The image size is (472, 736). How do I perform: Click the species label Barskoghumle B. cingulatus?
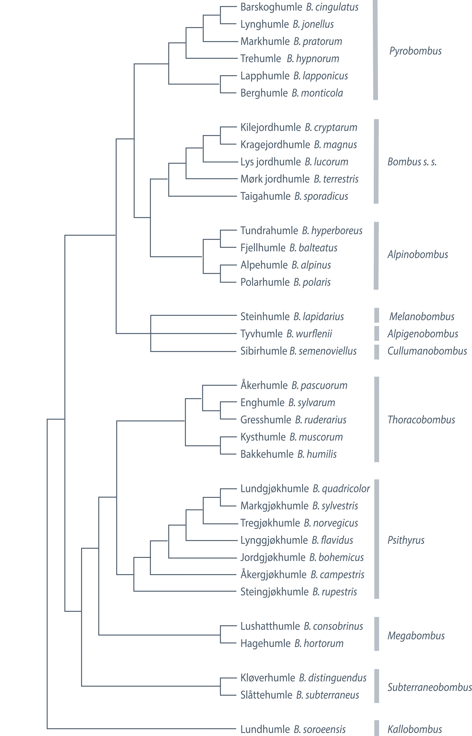pyautogui.click(x=299, y=7)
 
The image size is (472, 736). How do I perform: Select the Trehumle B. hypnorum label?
pyautogui.click(x=290, y=59)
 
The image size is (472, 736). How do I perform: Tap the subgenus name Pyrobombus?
pyautogui.click(x=415, y=51)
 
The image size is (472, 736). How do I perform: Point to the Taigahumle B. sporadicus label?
pyautogui.click(x=294, y=196)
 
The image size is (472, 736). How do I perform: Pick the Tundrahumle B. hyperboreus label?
pyautogui.click(x=301, y=231)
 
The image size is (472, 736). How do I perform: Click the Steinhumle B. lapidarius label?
pyautogui.click(x=292, y=316)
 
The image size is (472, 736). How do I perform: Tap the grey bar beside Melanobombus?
pyautogui.click(x=376, y=315)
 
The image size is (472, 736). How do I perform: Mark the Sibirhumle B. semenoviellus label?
pyautogui.click(x=298, y=351)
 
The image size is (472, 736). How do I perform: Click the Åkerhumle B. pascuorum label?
pyautogui.click(x=294, y=385)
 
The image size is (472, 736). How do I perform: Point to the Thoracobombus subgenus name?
pyautogui.click(x=421, y=420)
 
